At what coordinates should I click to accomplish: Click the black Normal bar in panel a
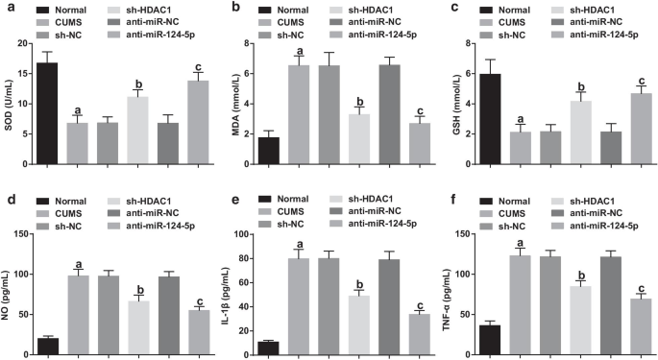click(x=46, y=106)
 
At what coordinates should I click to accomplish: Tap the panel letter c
click(x=448, y=8)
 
